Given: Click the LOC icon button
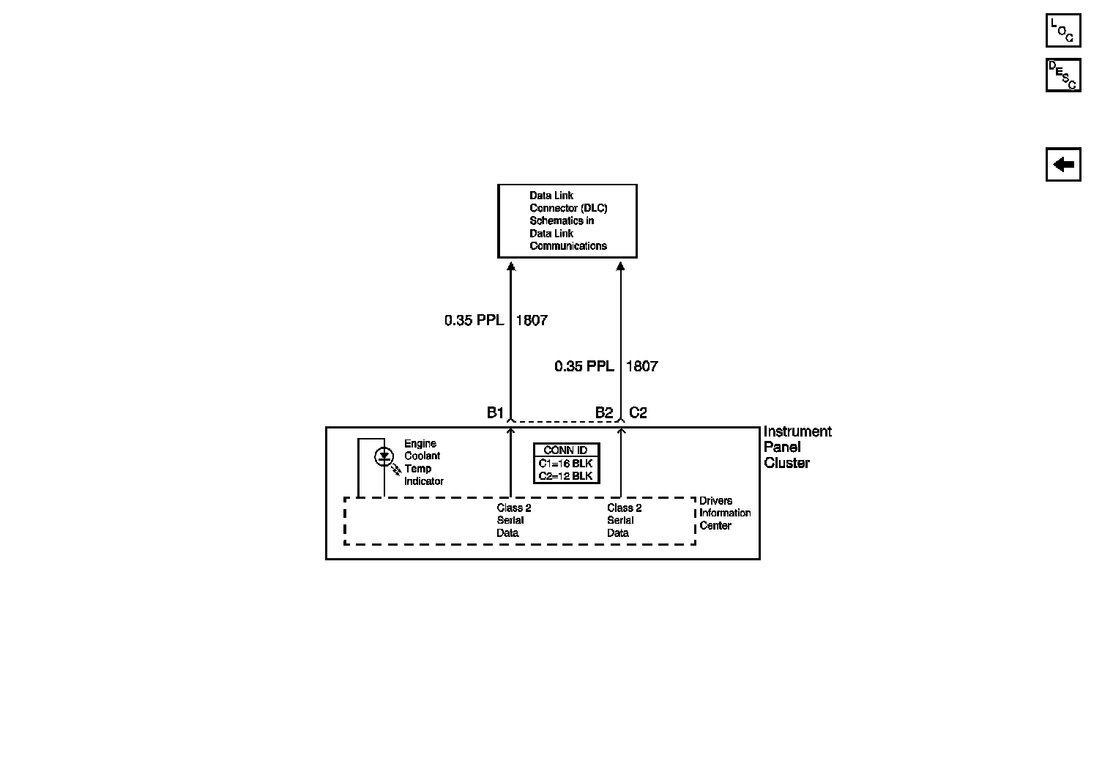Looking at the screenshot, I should coord(1062,31).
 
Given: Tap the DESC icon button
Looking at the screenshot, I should coord(1062,75).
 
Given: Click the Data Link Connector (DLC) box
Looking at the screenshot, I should coord(567,220).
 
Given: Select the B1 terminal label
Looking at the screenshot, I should coord(495,413).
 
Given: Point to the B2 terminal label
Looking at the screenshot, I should coord(603,413).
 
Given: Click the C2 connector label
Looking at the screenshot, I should coord(638,413).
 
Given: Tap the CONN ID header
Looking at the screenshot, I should coord(565,450).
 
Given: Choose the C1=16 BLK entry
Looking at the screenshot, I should coord(565,464).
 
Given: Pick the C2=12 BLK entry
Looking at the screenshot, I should coord(565,476).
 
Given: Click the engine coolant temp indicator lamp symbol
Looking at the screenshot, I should coord(384,457).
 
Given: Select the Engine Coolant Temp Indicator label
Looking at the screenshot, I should coord(423,462).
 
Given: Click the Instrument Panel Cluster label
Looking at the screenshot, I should coord(797,447).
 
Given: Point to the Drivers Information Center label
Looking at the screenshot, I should coord(724,513).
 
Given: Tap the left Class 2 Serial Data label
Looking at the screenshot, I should coord(513,520).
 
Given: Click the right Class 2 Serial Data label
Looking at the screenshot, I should coord(624,520).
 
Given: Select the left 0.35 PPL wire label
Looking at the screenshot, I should coord(474,320).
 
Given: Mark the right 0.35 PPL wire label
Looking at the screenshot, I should coord(584,366).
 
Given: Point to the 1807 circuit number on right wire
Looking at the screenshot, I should coord(642,366).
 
